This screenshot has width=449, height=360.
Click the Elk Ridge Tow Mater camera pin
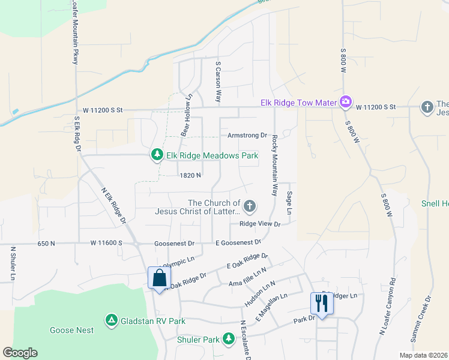[345, 103]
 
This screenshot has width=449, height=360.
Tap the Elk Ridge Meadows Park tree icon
[157, 155]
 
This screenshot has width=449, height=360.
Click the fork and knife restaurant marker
[322, 304]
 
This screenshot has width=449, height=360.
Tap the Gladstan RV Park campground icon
[111, 321]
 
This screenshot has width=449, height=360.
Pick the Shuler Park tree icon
[228, 340]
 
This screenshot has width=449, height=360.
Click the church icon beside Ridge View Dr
[250, 208]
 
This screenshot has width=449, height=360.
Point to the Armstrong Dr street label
[247, 136]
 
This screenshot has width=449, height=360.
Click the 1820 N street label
[189, 175]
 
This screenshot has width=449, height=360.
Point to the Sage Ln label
[289, 203]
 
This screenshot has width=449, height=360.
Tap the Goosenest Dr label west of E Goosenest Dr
[174, 244]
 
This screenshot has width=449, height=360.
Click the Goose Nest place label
[71, 330]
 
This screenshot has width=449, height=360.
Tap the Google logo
[20, 353]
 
